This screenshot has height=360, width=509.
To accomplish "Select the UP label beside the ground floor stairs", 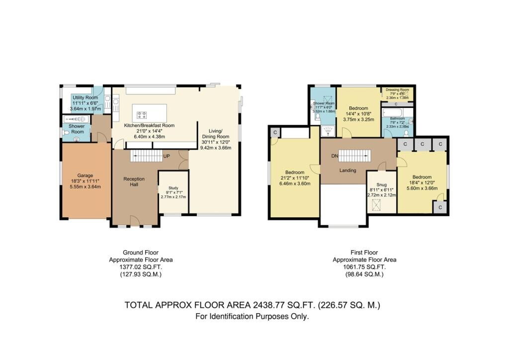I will (168, 156).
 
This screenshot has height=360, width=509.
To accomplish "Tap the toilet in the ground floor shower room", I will (67, 133).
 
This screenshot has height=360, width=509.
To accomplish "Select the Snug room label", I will (374, 184).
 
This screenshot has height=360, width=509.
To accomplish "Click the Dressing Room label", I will (398, 89).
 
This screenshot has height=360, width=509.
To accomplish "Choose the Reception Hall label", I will (133, 181).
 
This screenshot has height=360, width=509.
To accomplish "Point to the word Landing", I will (347, 171).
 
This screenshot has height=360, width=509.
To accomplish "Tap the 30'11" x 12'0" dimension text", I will (215, 142).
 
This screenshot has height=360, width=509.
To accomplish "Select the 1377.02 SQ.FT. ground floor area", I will (141, 267).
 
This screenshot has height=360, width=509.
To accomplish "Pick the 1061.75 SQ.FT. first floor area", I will (364, 267).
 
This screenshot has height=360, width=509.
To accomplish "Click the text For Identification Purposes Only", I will (252, 316).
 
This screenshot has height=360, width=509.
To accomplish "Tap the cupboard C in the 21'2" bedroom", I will (275, 132).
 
